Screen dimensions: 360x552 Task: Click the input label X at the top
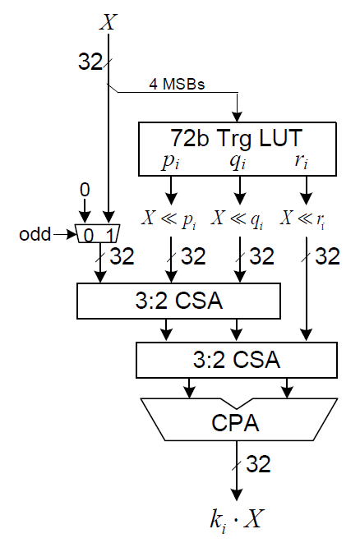(108, 22)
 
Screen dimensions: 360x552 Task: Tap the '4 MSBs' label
(177, 84)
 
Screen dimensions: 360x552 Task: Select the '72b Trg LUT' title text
(237, 138)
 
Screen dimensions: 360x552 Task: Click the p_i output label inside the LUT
(171, 161)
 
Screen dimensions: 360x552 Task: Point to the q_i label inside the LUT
(238, 161)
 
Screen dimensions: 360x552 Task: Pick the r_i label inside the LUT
(302, 160)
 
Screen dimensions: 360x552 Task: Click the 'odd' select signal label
(35, 234)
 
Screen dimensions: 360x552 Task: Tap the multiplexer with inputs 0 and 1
(98, 234)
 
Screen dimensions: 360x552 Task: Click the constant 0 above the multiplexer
(85, 190)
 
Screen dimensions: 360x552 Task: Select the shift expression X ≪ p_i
(169, 219)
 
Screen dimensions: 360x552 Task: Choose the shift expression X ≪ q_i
(238, 219)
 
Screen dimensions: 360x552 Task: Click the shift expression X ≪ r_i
(303, 219)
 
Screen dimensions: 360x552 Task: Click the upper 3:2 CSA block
(178, 301)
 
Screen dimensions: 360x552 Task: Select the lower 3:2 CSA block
(237, 360)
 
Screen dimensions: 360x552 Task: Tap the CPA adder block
(239, 419)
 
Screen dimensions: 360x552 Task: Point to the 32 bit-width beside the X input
(90, 62)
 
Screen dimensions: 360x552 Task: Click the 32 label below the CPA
(258, 463)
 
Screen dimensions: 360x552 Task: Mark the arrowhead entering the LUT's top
(238, 117)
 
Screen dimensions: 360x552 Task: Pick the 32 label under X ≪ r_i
(328, 256)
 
